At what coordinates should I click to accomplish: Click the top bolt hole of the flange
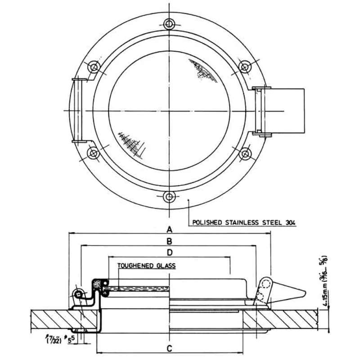pos(169,23)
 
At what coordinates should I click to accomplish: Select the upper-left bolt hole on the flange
pos(94,67)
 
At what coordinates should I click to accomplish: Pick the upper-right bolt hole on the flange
pos(244,67)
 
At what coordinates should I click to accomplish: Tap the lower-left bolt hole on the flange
pos(94,153)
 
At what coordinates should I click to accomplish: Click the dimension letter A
pos(169,228)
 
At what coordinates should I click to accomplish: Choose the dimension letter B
pos(169,241)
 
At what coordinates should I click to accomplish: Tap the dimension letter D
pos(169,252)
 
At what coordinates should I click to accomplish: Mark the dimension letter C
pos(169,348)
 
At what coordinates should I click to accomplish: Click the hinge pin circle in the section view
pos(79,294)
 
